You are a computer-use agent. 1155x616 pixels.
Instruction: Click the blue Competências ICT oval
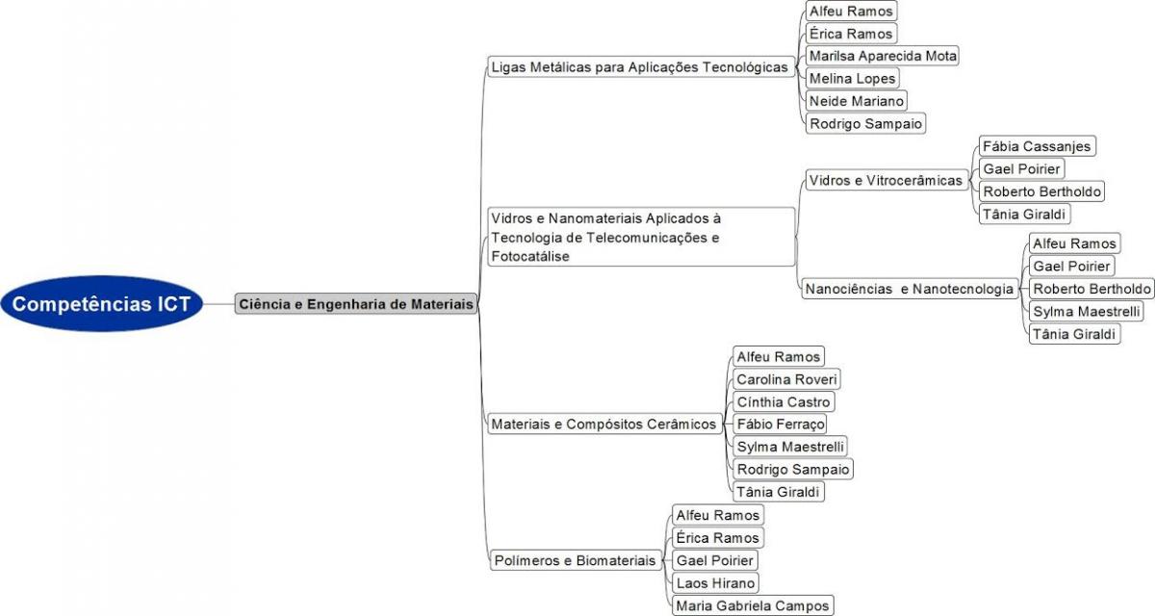tap(102, 303)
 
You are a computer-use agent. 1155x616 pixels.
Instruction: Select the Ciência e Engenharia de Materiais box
tap(356, 303)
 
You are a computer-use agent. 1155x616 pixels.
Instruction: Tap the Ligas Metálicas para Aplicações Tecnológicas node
tap(641, 67)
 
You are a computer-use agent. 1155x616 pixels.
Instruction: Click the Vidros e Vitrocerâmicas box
tap(886, 180)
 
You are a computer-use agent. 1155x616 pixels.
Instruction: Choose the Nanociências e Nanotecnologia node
tap(910, 289)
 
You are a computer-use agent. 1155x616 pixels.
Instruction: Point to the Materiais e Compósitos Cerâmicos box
tap(604, 423)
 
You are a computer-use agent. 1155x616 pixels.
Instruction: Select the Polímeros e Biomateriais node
tap(576, 560)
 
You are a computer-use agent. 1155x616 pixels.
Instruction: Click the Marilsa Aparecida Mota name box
tap(883, 56)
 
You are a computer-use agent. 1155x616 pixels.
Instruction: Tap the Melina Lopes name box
tap(853, 78)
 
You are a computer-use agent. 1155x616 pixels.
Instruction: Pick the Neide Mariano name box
tap(857, 101)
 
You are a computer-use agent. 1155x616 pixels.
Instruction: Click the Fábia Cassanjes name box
tap(1037, 146)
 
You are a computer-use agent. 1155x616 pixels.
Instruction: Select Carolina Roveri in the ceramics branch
tap(787, 379)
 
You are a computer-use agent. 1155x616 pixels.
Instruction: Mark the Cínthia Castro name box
tap(783, 402)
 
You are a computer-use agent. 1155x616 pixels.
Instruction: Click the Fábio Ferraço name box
tap(780, 424)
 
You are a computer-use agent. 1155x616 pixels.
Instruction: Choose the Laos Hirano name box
tap(716, 583)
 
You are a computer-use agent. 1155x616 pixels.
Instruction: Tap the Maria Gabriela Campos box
tap(753, 605)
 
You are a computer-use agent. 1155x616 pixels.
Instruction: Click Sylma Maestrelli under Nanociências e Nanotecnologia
tap(1087, 311)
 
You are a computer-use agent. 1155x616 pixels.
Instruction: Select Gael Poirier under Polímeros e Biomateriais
tap(715, 560)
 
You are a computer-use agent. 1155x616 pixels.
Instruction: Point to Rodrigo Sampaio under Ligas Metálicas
tap(865, 124)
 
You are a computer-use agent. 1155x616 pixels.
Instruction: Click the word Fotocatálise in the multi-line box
tap(530, 256)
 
